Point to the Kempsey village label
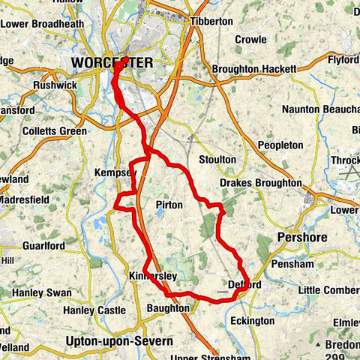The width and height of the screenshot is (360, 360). click(x=115, y=173)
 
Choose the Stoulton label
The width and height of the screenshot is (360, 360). click(x=217, y=160)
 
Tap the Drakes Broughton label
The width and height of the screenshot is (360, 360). click(x=260, y=183)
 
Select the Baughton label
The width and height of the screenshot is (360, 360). click(x=167, y=308)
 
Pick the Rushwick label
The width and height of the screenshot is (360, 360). click(x=54, y=85)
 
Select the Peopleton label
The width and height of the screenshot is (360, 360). click(x=280, y=145)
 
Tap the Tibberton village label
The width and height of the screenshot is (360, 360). click(x=211, y=21)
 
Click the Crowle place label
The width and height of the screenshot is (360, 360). click(x=250, y=39)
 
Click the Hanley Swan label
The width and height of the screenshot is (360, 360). click(x=41, y=292)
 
